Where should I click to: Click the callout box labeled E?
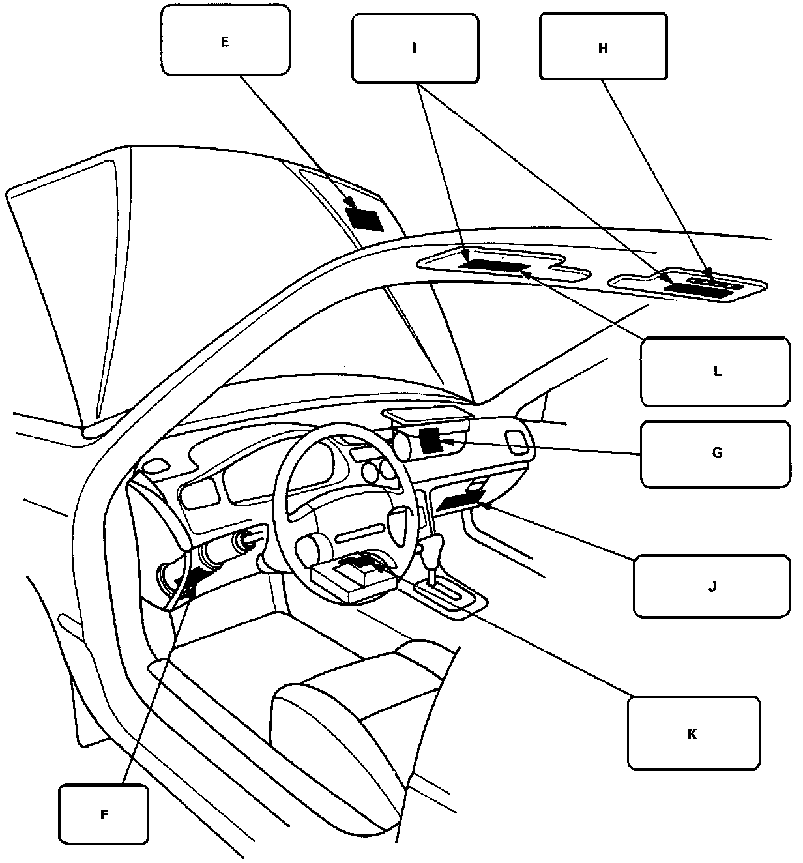pyautogui.click(x=226, y=41)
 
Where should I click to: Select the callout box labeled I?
pyautogui.click(x=415, y=48)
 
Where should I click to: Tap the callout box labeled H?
pyautogui.click(x=603, y=47)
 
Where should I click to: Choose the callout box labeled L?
pyautogui.click(x=716, y=372)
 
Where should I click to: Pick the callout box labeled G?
pyautogui.click(x=716, y=453)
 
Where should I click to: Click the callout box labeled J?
pyautogui.click(x=712, y=585)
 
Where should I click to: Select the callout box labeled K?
pyautogui.click(x=693, y=733)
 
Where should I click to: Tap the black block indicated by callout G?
pyautogui.click(x=430, y=441)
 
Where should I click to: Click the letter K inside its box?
pyautogui.click(x=693, y=734)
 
